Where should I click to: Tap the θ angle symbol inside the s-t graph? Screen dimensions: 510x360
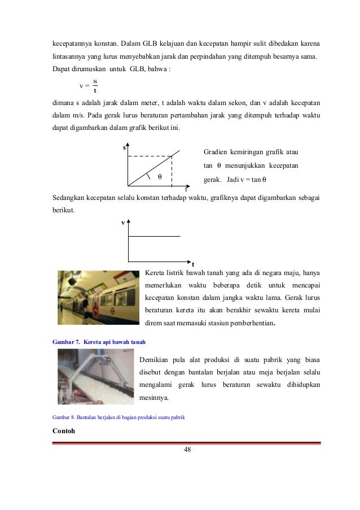159,177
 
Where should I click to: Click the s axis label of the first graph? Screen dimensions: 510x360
125,147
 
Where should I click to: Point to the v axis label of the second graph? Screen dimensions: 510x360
124,223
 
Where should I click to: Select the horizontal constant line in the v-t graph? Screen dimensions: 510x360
155,236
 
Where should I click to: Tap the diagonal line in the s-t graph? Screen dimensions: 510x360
155,168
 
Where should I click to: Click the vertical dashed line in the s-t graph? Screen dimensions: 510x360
172,170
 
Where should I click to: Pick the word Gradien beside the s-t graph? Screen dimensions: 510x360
216,152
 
